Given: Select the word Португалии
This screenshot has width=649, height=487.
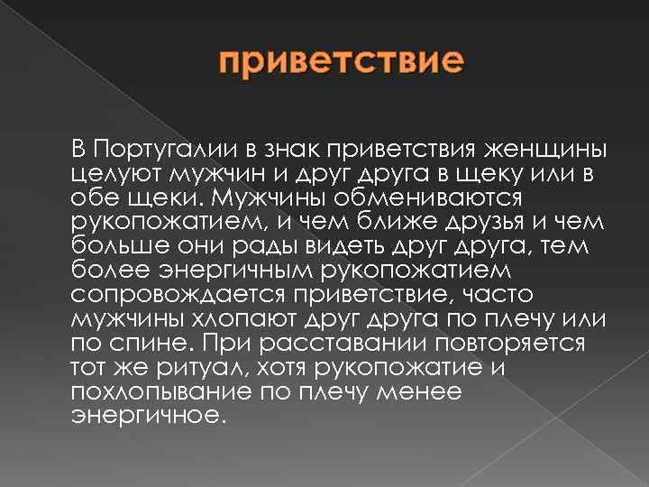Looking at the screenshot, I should tap(163, 146).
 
